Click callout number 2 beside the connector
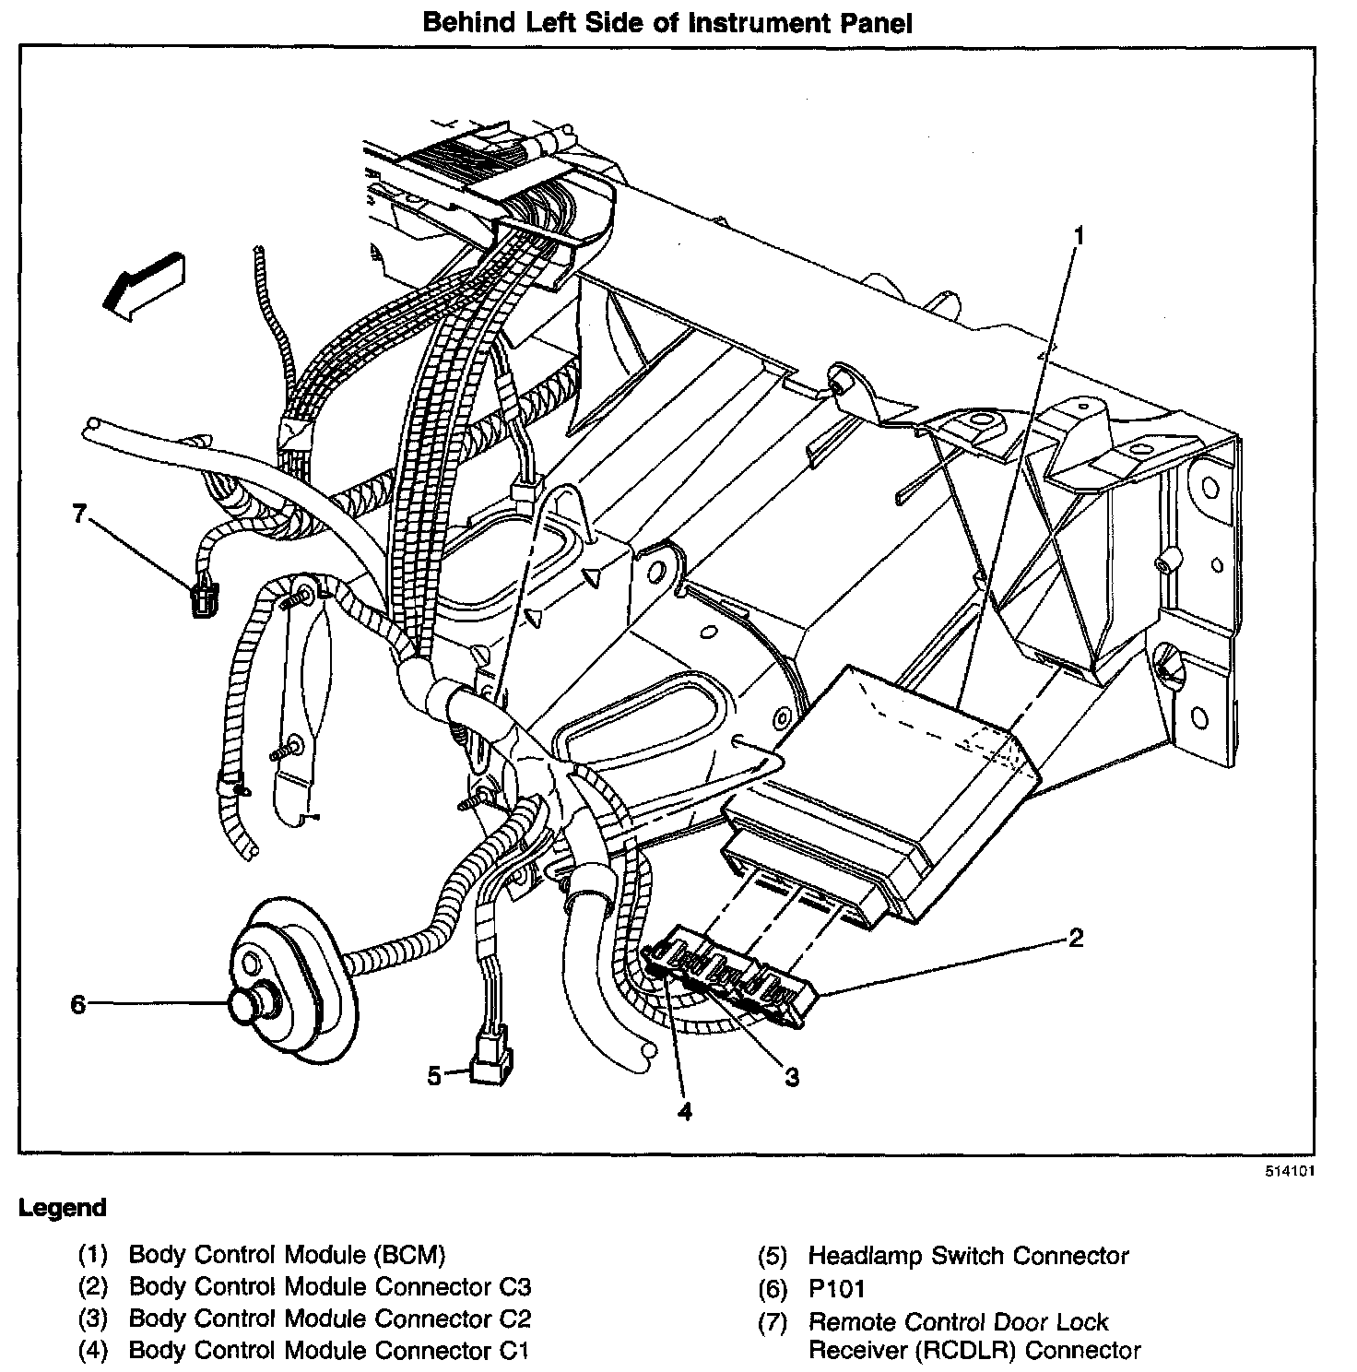pyautogui.click(x=1075, y=939)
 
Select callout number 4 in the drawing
pyautogui.click(x=683, y=1112)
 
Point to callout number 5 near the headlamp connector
pyautogui.click(x=434, y=1075)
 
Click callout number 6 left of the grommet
pyautogui.click(x=78, y=1004)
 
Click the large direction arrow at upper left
pyautogui.click(x=144, y=284)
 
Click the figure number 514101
pyautogui.click(x=1289, y=1173)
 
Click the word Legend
pyautogui.click(x=63, y=1208)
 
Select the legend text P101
pyautogui.click(x=836, y=1289)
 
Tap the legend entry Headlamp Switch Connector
pyautogui.click(x=968, y=1256)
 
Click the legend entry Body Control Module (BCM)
pyautogui.click(x=287, y=1254)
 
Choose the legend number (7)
pyautogui.click(x=772, y=1323)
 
